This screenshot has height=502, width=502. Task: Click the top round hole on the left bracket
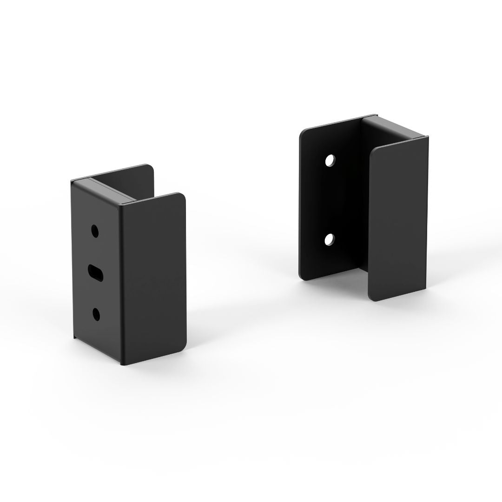click(x=95, y=231)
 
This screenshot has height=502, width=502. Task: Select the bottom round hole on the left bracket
click(x=96, y=314)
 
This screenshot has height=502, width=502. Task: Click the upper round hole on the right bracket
click(x=330, y=161)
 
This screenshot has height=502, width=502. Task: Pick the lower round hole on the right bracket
click(x=330, y=239)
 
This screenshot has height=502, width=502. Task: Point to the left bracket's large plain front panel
click(x=153, y=279)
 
